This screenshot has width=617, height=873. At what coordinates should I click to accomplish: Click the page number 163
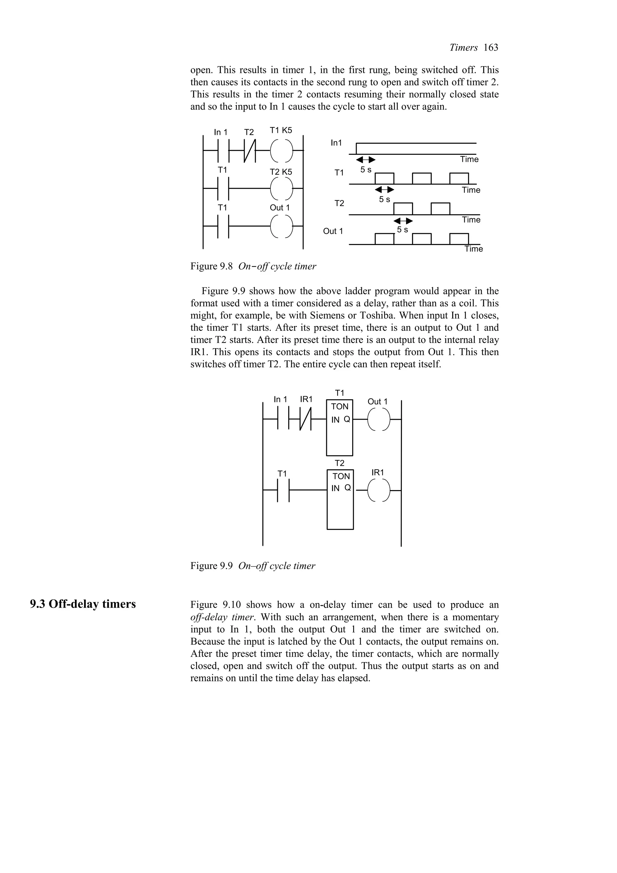click(491, 48)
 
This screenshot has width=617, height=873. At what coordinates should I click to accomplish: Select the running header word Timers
click(463, 48)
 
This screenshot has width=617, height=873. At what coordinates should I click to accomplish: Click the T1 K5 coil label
click(281, 130)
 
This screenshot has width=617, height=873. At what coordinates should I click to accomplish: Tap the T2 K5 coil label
click(281, 172)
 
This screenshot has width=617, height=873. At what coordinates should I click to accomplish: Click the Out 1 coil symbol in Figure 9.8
click(282, 226)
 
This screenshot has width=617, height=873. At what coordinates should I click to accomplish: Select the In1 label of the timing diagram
click(336, 143)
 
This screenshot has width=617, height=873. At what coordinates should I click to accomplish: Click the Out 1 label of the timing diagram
click(333, 231)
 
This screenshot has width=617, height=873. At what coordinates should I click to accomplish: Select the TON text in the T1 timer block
click(340, 406)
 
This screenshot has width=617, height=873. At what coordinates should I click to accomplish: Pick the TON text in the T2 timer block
click(341, 476)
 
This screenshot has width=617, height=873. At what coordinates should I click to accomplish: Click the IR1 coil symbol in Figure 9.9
click(379, 490)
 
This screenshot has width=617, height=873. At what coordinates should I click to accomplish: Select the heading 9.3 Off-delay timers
click(83, 604)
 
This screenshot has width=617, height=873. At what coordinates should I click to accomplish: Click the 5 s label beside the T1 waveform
click(366, 170)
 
